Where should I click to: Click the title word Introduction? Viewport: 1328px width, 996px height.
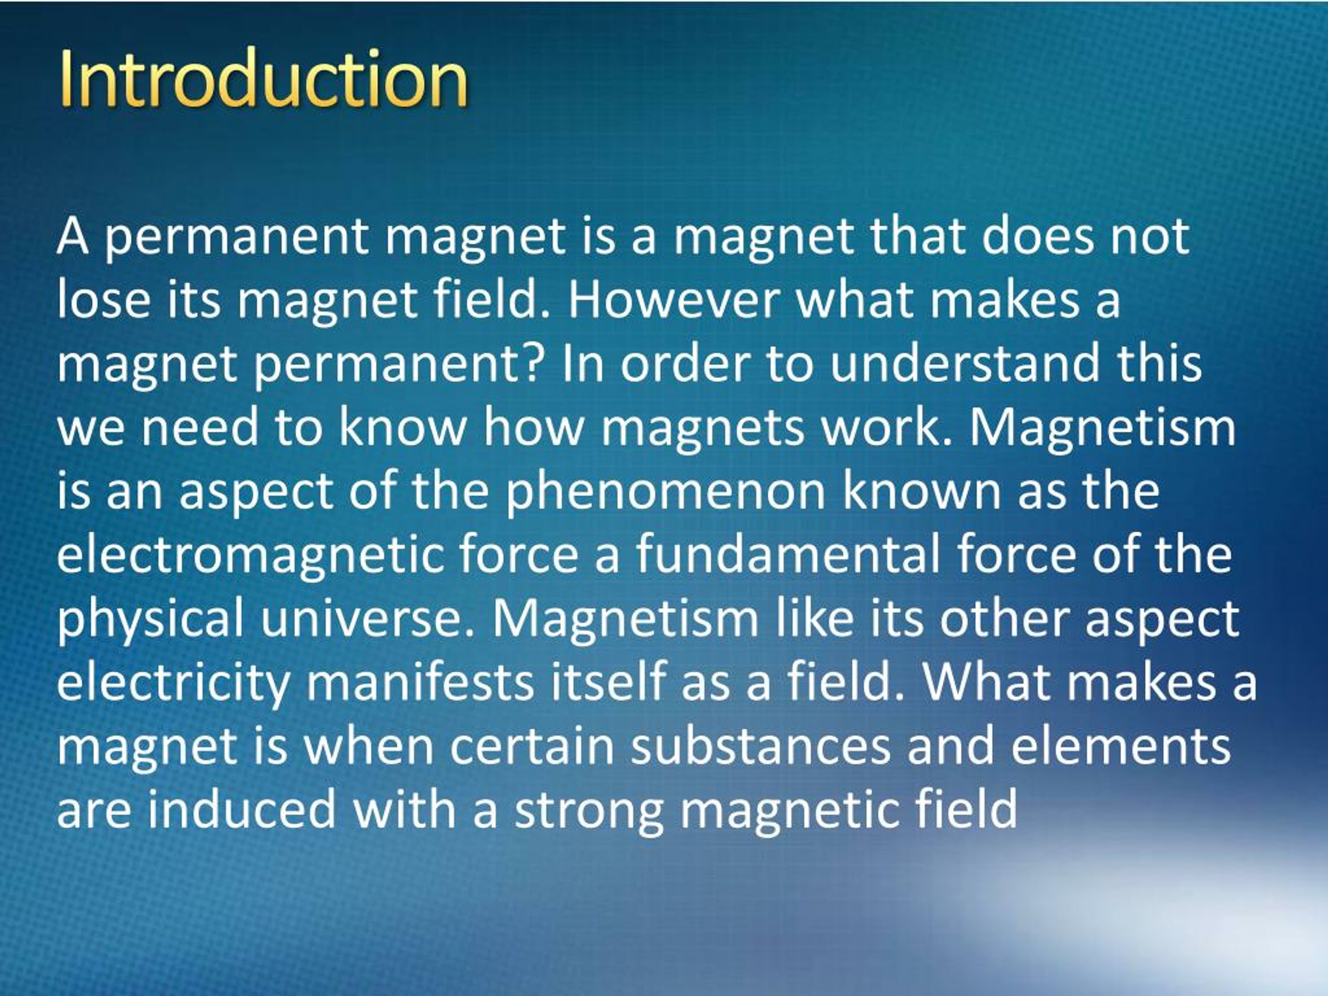click(264, 78)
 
